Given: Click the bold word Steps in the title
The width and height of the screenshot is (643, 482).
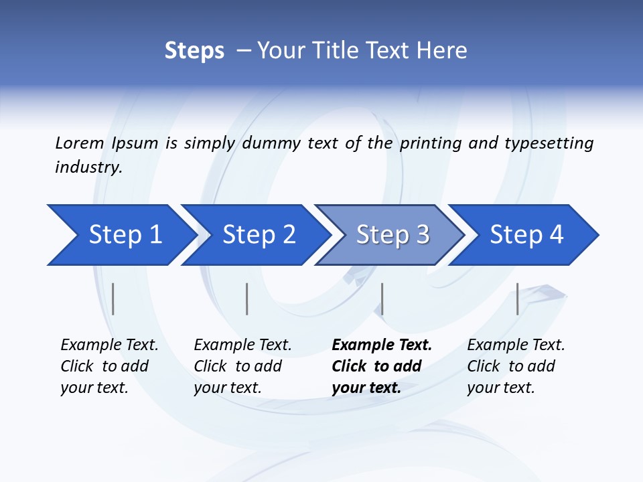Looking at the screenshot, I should click(194, 50).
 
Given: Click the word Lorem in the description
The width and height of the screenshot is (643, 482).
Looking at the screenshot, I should click(79, 143).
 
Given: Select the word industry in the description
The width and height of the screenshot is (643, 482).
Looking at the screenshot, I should click(88, 167).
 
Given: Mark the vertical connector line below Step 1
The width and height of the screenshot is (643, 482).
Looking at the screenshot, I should click(113, 299).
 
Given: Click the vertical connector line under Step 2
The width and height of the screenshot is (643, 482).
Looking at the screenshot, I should click(247, 299).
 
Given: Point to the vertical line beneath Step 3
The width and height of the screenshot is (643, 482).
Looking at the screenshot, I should click(382, 299).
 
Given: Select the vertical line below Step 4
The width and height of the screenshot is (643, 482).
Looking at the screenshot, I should click(518, 299).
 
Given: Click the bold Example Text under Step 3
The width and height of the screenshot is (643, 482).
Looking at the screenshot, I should click(382, 345).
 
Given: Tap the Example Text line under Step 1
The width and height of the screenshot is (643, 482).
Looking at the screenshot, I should click(109, 345).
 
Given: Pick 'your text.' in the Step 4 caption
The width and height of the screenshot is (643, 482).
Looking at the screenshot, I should click(500, 388).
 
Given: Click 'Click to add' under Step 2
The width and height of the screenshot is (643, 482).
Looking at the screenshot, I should click(238, 366).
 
